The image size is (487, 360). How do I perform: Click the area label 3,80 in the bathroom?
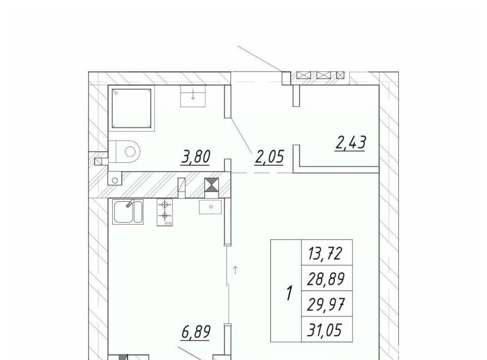tap(196, 157)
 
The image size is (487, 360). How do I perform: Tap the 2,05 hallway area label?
tap(269, 157)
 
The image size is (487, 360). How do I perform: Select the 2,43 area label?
tap(351, 143)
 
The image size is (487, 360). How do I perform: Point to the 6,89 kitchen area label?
tap(196, 332)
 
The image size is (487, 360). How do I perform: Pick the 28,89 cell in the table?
tap(326, 279)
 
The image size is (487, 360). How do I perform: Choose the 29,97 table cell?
tap(326, 304)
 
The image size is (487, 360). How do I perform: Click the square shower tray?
tap(132, 108)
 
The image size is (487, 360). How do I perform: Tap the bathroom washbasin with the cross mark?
tap(193, 96)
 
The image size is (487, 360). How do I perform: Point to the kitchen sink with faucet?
tap(128, 211)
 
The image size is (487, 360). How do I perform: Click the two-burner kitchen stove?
tap(164, 212)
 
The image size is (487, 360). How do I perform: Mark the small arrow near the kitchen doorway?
tap(235, 270)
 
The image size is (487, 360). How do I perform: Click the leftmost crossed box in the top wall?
tap(304, 75)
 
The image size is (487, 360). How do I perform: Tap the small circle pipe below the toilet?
tap(115, 181)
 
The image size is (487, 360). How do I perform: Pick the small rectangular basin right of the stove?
tap(210, 207)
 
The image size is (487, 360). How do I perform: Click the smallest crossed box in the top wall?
tap(340, 75)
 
